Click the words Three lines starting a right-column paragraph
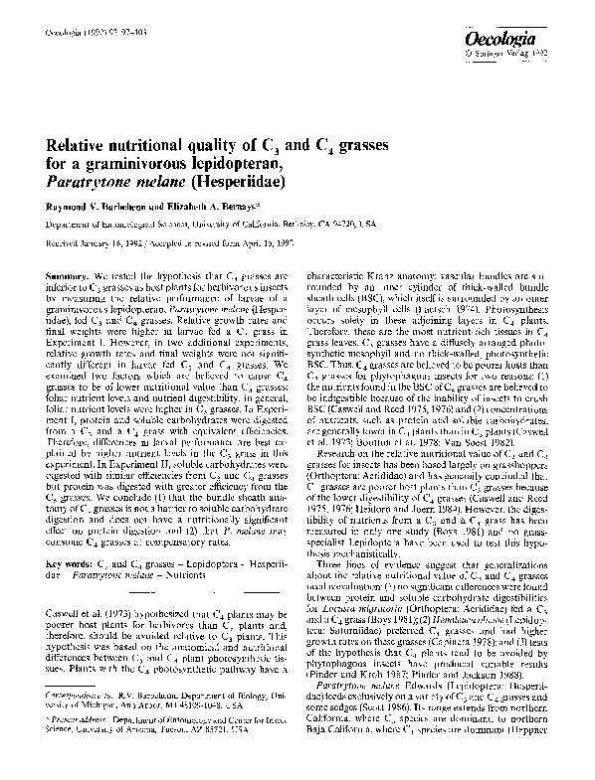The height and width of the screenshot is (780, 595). coord(340,570)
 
